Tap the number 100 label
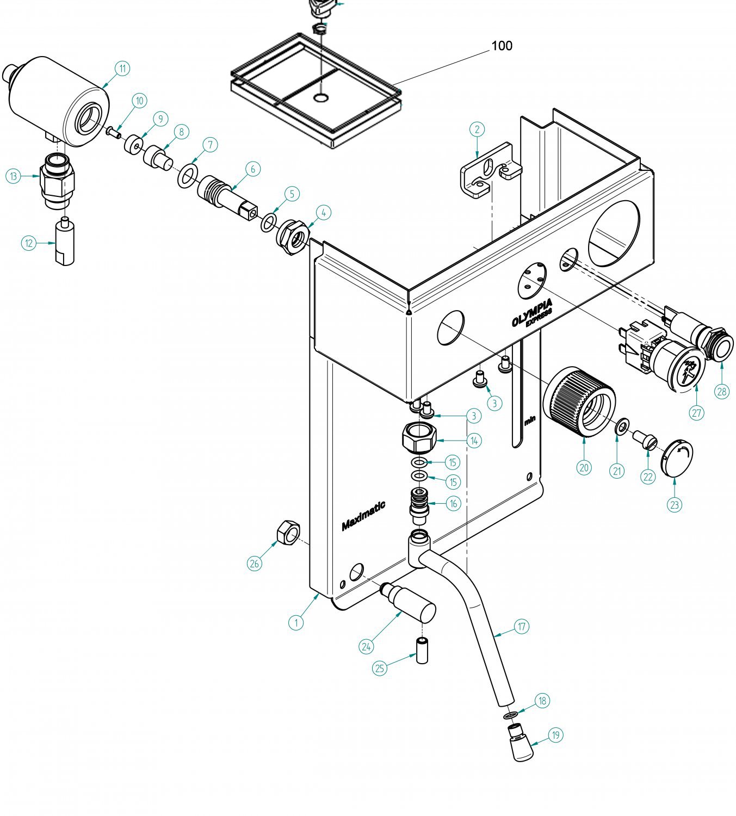pos(502,46)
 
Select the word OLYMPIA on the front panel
pos(532,313)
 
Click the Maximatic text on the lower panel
pos(363,516)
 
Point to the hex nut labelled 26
pos(288,532)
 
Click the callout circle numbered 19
pos(556,735)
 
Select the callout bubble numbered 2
pos(477,129)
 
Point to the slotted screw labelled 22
pos(645,440)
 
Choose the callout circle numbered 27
pos(696,413)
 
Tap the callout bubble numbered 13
pos(14,176)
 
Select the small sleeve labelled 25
pos(422,651)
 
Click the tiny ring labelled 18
pos(510,715)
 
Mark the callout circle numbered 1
pos(296,622)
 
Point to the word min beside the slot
pos(530,421)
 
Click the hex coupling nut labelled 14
pos(419,437)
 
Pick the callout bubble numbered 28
pos(722,391)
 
